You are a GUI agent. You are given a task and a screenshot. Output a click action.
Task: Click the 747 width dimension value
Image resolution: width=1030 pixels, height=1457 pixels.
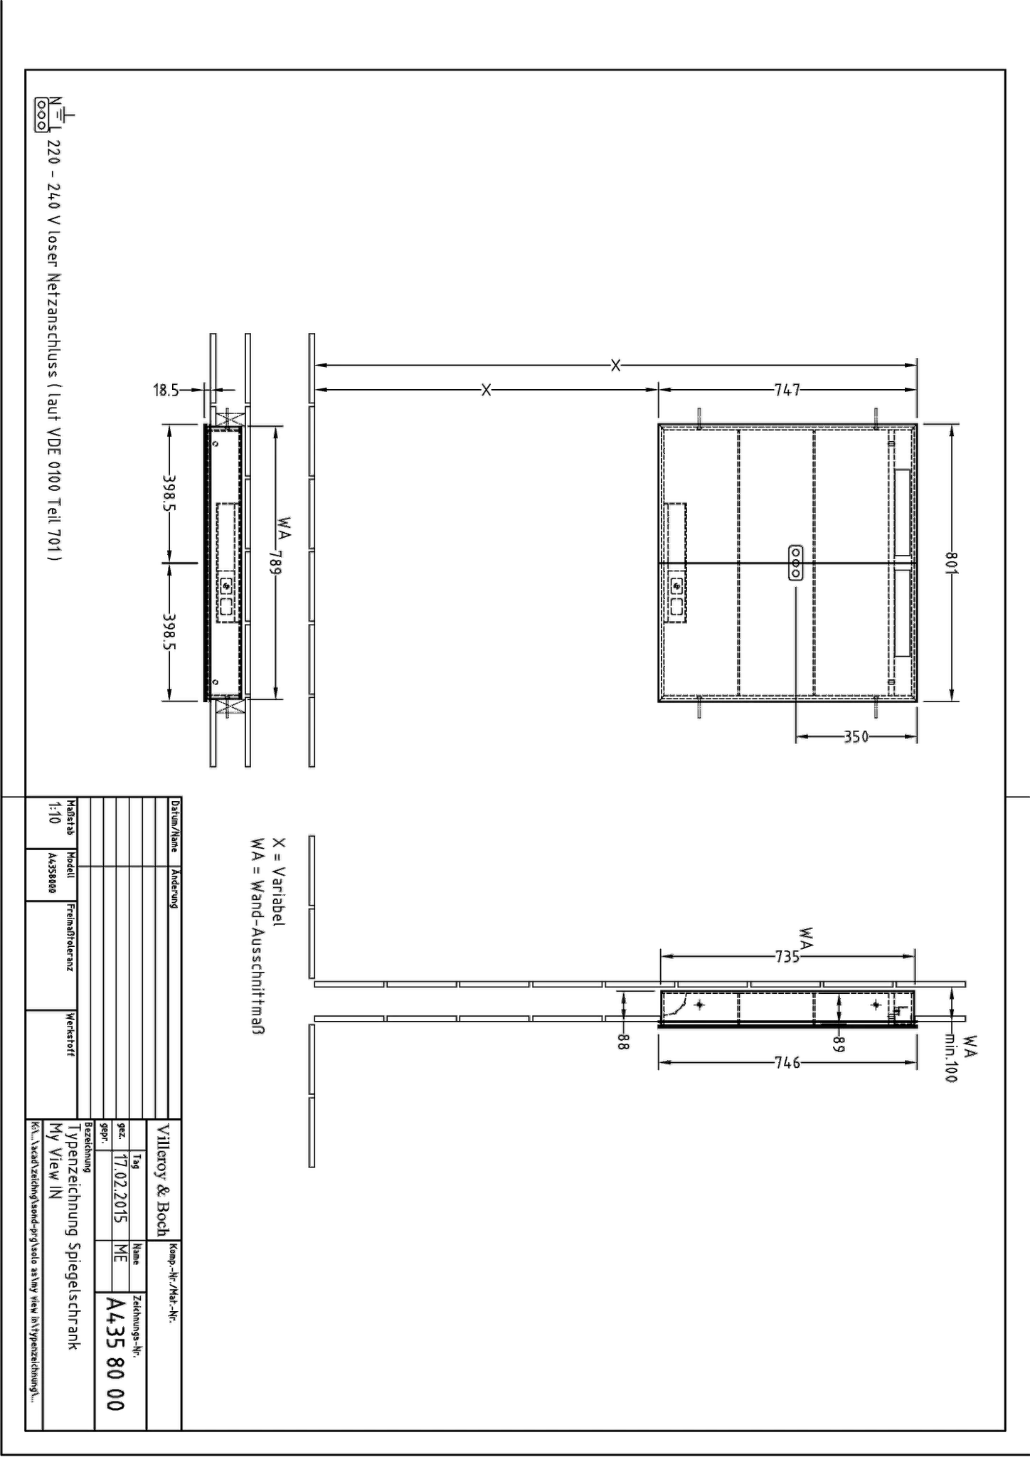[787, 390]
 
